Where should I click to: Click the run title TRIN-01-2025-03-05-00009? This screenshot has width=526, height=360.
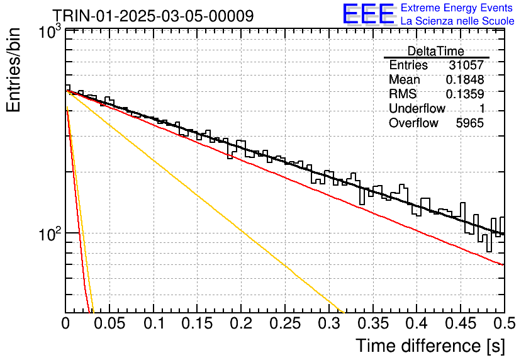click(153, 16)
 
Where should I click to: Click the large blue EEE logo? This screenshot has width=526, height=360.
click(369, 14)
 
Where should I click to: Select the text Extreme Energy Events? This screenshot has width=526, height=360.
click(456, 8)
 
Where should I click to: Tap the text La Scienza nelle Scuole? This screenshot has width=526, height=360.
click(457, 21)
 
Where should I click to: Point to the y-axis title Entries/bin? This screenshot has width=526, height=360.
click(14, 70)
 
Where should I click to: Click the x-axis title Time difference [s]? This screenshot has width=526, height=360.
click(430, 346)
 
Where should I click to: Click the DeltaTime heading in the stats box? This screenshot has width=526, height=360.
click(435, 51)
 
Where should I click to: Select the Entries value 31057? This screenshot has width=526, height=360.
click(466, 65)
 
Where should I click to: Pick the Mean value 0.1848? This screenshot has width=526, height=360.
click(465, 79)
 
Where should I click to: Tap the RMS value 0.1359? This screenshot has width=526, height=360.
click(465, 94)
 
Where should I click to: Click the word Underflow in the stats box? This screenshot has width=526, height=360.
click(417, 108)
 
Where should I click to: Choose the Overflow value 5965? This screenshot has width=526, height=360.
click(469, 123)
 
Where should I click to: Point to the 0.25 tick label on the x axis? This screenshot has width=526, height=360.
click(285, 323)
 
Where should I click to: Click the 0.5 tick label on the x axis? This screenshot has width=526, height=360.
click(505, 323)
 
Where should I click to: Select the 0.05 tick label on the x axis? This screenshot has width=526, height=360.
click(109, 323)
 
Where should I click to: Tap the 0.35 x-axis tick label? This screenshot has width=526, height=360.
click(373, 323)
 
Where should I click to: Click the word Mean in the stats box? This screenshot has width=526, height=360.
click(404, 79)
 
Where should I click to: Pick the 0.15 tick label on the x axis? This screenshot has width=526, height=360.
click(198, 323)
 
